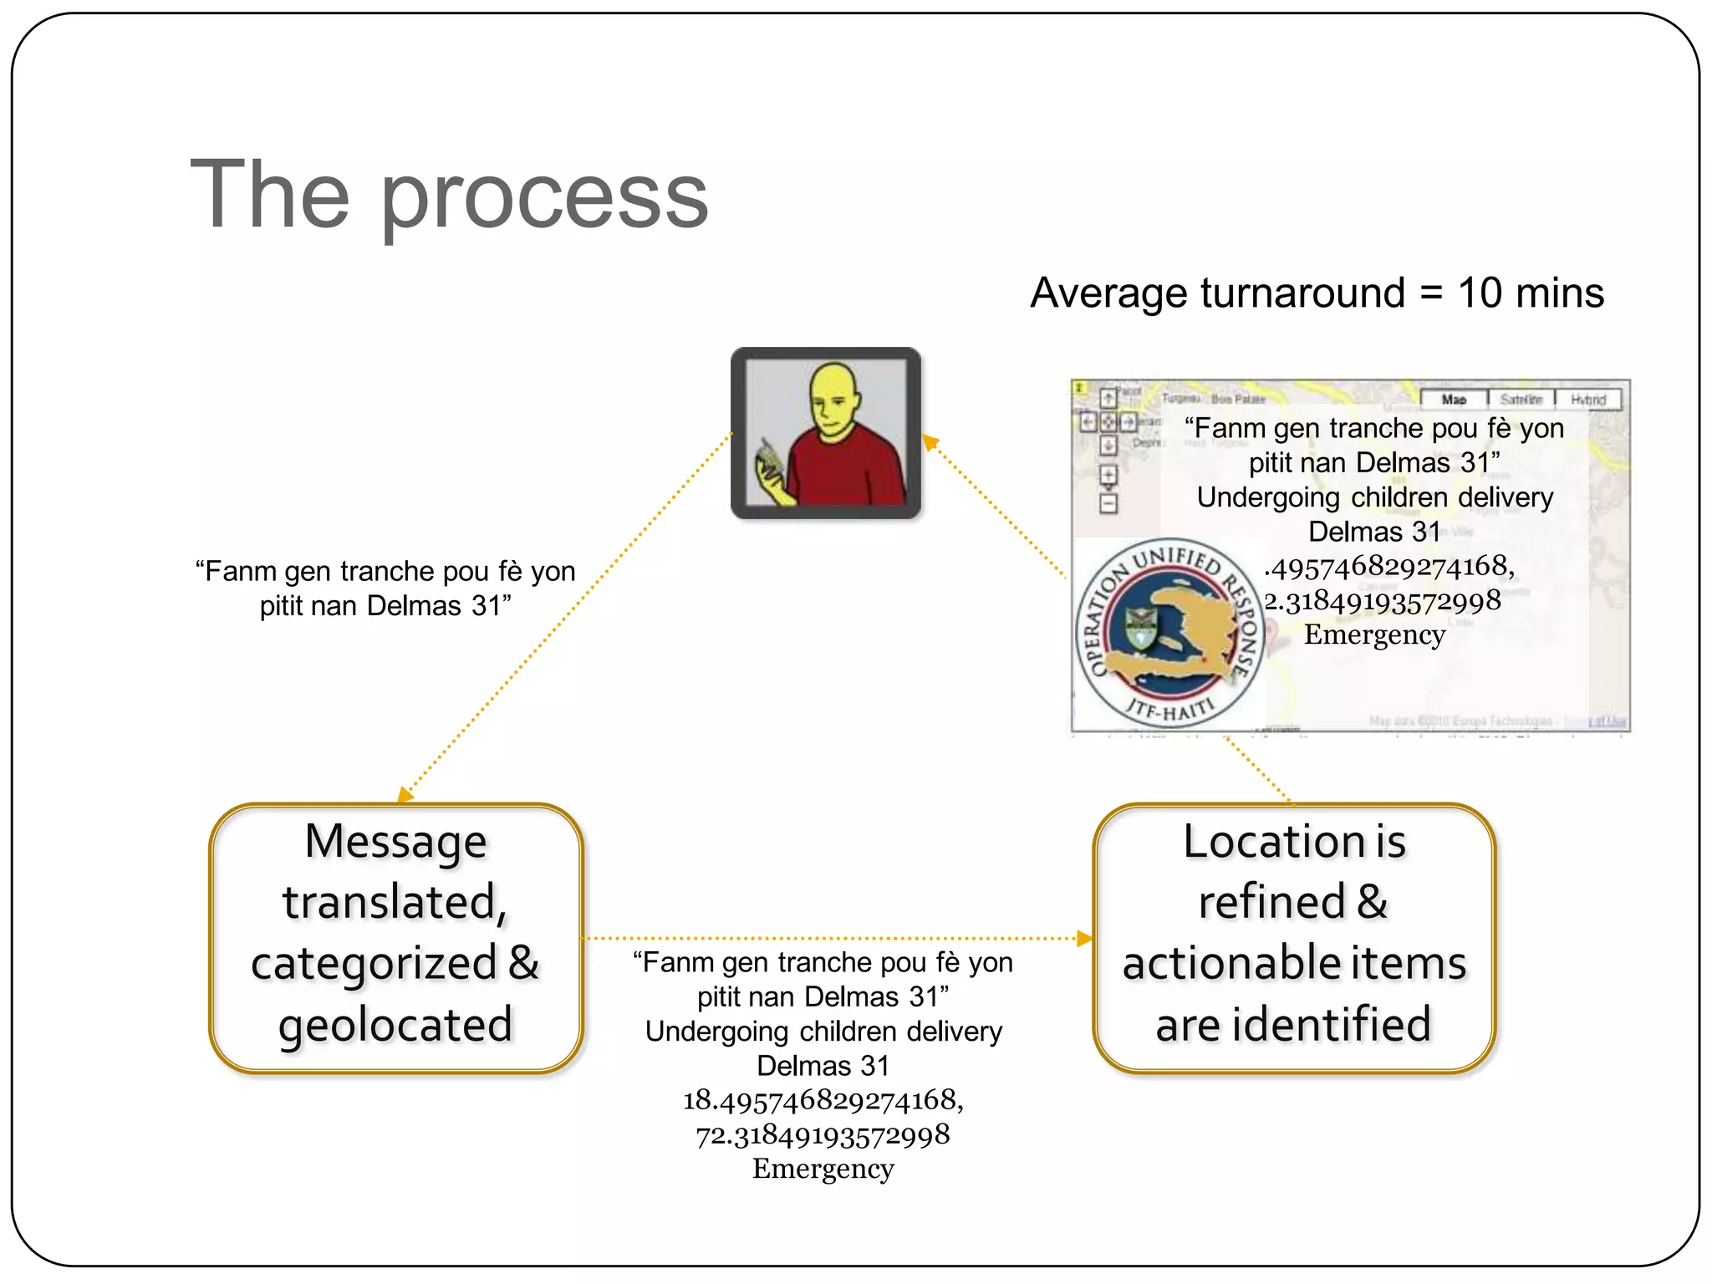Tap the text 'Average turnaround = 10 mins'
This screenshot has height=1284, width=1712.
1317,293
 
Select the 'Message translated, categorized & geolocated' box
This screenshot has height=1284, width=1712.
395,937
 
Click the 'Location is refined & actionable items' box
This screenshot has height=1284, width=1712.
1293,937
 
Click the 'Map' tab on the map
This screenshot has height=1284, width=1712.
1454,400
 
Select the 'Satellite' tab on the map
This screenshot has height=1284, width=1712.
1521,400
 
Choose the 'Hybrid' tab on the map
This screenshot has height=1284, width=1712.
1587,400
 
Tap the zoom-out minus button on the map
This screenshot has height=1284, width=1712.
1108,503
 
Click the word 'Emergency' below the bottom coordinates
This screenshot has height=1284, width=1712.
823,1169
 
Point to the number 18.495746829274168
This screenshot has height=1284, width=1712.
823,1100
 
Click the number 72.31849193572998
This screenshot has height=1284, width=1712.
823,1134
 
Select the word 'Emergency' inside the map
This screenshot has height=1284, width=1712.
1374,634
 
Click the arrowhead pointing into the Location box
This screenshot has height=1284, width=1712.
1085,939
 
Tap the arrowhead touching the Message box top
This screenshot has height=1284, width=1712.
405,794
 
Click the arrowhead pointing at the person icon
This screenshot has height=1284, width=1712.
930,441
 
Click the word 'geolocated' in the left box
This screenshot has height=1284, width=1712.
395,1025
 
